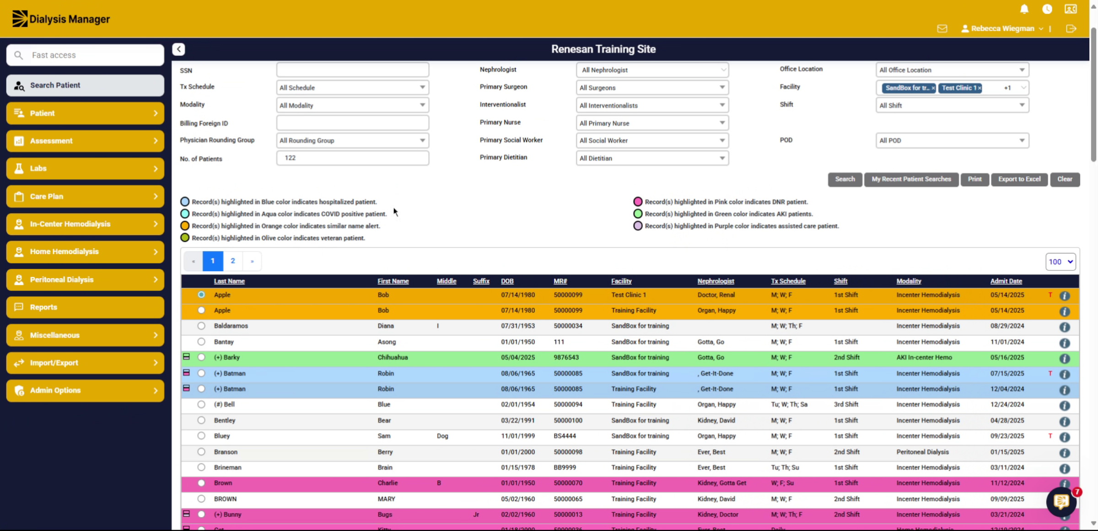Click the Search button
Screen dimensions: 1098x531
[x=845, y=179]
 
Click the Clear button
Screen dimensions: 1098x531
[x=1065, y=179]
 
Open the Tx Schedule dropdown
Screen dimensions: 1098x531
[x=352, y=87]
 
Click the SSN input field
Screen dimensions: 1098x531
[x=352, y=70]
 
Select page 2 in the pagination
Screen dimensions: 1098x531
[x=233, y=261]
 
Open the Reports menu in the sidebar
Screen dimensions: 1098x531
[x=85, y=307]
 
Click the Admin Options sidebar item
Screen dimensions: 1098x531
[x=85, y=391]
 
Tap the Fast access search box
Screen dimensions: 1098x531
[x=85, y=55]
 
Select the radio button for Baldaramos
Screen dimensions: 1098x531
[x=201, y=326]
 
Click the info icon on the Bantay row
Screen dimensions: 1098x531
[x=1065, y=343]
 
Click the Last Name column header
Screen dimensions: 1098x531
[x=229, y=281]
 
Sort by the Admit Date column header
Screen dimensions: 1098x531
[x=1006, y=281]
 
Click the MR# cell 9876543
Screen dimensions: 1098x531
[x=566, y=358]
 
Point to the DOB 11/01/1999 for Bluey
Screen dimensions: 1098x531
[x=518, y=436]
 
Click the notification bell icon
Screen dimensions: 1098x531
[x=1024, y=9]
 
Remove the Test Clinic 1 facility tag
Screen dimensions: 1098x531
[x=980, y=88]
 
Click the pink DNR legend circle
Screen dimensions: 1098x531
[x=638, y=202]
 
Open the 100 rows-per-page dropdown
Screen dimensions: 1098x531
[x=1060, y=262]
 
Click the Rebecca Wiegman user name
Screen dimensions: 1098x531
[x=1002, y=28]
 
